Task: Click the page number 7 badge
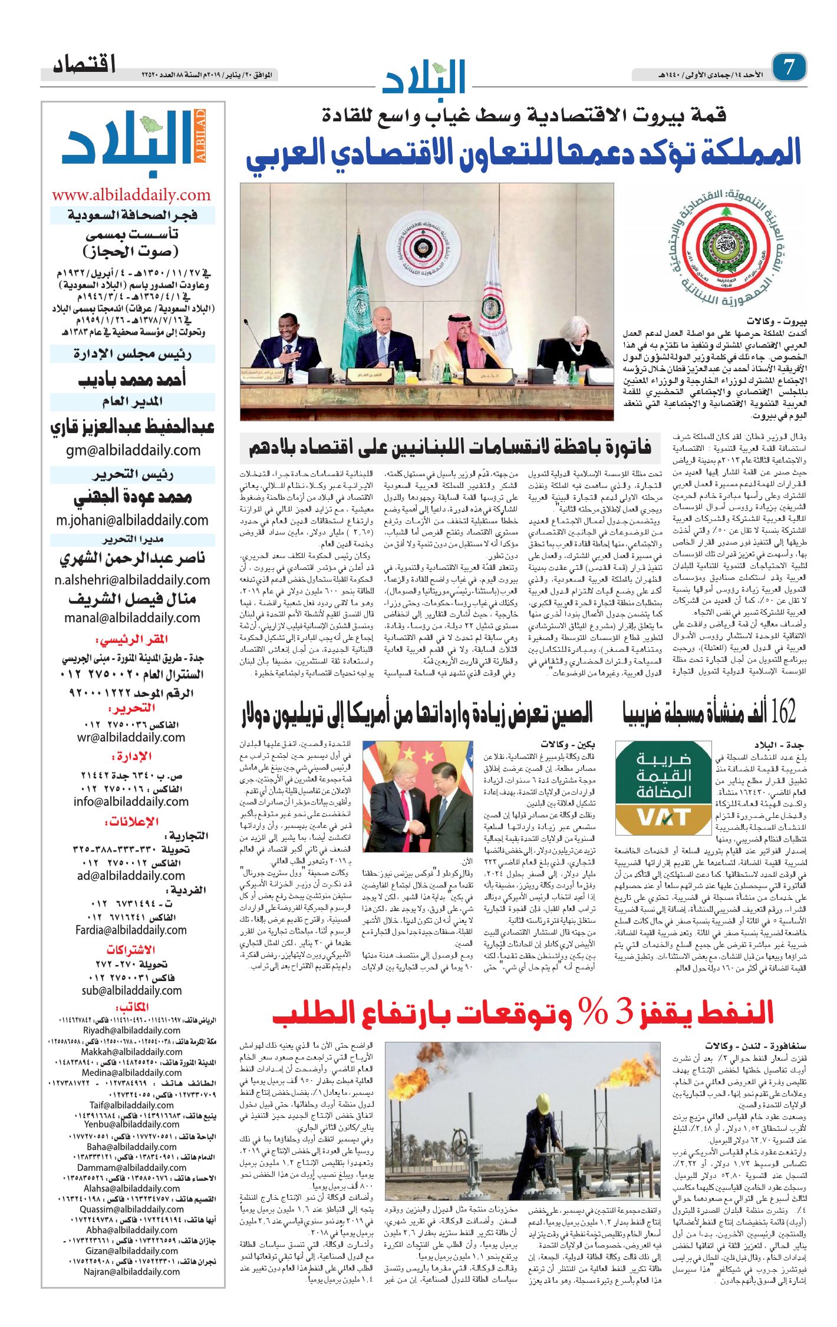[789, 67]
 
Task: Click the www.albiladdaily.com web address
[131, 195]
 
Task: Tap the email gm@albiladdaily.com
[133, 450]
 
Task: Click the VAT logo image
[663, 788]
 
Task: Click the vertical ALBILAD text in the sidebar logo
[200, 136]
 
